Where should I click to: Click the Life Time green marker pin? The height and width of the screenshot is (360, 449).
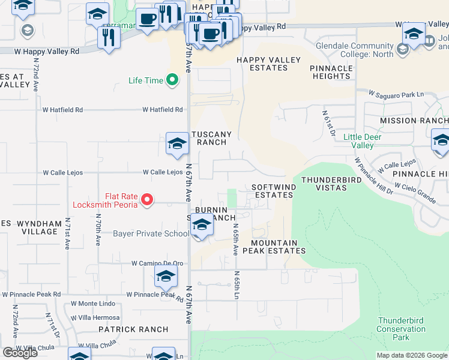point(173,80)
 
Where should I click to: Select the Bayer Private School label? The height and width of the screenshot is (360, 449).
point(151,233)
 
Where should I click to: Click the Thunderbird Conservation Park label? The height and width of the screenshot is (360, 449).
point(401,329)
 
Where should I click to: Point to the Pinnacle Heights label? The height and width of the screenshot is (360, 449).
point(331,72)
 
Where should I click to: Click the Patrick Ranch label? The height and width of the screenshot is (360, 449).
point(133,329)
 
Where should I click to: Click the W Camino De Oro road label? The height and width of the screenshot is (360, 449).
point(158,263)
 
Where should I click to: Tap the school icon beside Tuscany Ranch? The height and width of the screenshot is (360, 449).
point(177,143)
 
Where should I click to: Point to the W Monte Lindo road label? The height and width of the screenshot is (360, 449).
point(92,304)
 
